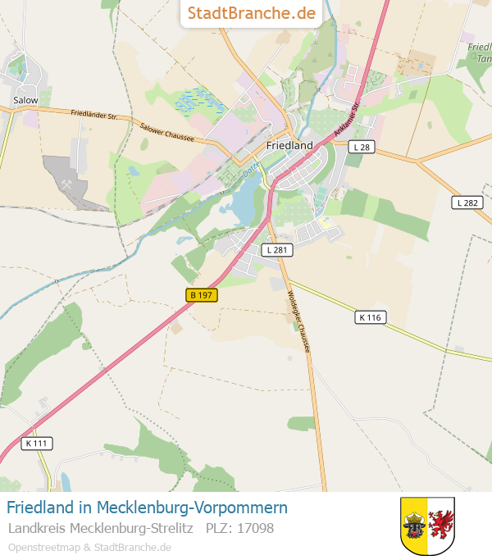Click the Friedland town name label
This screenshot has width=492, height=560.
click(x=289, y=145)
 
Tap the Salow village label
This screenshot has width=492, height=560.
click(x=25, y=100)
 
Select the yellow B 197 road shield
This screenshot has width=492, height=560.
click(x=201, y=295)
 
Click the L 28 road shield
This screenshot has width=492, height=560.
click(x=360, y=146)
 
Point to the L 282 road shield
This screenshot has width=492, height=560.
click(x=467, y=203)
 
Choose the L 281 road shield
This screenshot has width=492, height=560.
click(x=276, y=249)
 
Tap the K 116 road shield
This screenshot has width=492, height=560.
click(x=371, y=316)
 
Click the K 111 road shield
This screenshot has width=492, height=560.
click(x=38, y=443)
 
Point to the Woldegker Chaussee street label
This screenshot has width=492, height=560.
click(x=299, y=322)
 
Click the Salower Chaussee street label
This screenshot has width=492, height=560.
click(x=166, y=132)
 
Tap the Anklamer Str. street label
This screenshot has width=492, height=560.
click(x=347, y=121)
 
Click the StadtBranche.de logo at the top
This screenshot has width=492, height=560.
click(x=251, y=13)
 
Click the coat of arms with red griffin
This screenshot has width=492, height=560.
click(x=427, y=526)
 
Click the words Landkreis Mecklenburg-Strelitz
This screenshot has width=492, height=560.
click(x=100, y=529)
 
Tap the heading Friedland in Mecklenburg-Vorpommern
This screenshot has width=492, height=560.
click(x=147, y=508)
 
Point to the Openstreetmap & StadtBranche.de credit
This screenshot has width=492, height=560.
click(x=89, y=547)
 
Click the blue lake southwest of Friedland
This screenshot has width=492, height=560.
click(x=245, y=203)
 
